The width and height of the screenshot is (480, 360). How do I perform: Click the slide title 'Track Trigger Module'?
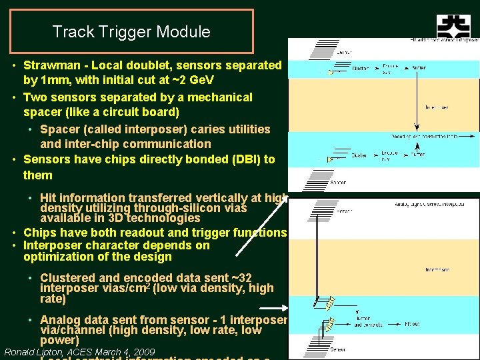point(131,31)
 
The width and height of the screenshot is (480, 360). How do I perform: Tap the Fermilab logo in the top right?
point(453,27)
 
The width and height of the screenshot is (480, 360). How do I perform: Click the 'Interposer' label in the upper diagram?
point(437,107)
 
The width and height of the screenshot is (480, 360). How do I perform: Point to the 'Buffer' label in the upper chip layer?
point(419,67)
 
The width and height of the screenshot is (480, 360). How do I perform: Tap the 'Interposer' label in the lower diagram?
point(437,270)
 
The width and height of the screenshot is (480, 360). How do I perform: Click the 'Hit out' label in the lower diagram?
point(413,325)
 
